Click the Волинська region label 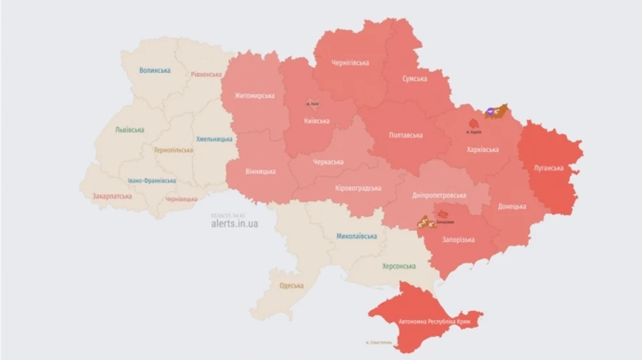tap(155, 71)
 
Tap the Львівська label tap(129, 130)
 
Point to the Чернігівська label tap(350, 63)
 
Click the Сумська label tap(414, 78)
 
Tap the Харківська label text tap(482, 150)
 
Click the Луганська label tap(549, 168)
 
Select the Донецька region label tap(511, 206)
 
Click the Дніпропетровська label tap(439, 195)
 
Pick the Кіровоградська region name tap(357, 188)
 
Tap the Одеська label tap(291, 286)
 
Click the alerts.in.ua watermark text tap(235, 224)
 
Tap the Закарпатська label tap(112, 196)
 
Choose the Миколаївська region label tap(357, 235)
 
